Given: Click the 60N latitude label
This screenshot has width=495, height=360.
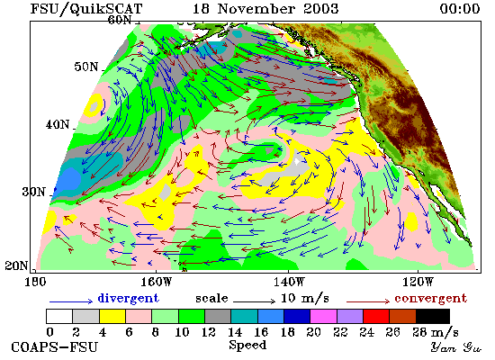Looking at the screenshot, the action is click(120, 20).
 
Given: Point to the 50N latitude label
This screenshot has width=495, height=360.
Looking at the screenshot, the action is click(86, 67).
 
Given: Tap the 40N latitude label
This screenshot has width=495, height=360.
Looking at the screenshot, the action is click(58, 124).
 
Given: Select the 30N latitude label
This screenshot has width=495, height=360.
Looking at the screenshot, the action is click(34, 192).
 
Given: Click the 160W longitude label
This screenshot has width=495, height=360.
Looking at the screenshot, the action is click(156, 282).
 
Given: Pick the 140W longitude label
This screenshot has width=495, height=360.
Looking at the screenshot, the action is click(289, 282).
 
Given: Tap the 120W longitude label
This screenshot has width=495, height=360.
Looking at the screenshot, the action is click(418, 282).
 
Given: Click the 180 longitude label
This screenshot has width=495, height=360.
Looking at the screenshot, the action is click(35, 282).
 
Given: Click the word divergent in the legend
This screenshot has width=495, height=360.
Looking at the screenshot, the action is click(128, 298).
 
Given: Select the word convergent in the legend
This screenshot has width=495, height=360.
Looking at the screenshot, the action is click(430, 298).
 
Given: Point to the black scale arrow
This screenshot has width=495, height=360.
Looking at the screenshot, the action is click(254, 301).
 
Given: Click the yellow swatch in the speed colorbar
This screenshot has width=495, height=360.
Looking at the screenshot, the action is click(112, 317).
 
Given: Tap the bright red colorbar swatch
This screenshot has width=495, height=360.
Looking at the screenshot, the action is click(376, 317).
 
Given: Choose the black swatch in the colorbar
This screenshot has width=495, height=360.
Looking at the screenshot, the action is click(433, 317).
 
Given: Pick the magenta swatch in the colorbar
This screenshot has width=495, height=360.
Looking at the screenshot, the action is click(323, 317).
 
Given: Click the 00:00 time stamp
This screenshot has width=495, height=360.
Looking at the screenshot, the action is click(460, 8).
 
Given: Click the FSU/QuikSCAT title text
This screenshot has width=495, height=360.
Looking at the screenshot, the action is click(86, 9).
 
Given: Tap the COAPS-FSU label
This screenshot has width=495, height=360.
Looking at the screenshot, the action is click(55, 346).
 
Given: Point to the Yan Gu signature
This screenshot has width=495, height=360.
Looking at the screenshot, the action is click(456, 346).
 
